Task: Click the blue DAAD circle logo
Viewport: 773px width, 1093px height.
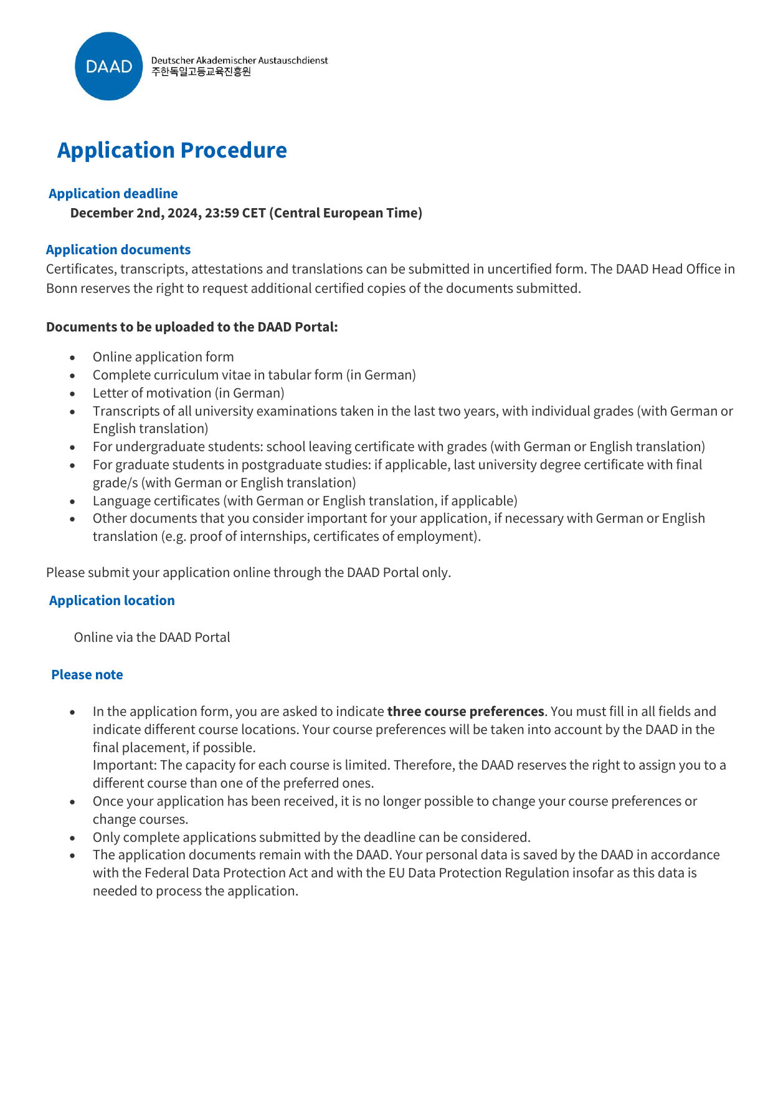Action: click(x=109, y=66)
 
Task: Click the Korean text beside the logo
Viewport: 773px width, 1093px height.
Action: click(x=201, y=72)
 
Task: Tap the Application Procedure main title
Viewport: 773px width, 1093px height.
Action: click(x=172, y=150)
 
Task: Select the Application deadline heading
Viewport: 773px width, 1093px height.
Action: click(x=113, y=194)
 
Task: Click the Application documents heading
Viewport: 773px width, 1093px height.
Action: click(x=118, y=250)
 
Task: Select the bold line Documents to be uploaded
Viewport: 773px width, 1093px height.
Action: click(x=192, y=327)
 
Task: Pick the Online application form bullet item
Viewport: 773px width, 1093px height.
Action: click(x=163, y=357)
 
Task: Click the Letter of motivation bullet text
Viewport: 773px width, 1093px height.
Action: click(x=188, y=393)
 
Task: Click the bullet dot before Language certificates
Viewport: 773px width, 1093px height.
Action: click(x=73, y=502)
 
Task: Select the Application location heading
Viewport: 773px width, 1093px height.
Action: click(x=112, y=601)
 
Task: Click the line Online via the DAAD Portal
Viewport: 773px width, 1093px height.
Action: click(x=152, y=637)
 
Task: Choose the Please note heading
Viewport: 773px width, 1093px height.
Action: click(x=87, y=675)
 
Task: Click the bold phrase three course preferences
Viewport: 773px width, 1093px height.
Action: click(x=465, y=712)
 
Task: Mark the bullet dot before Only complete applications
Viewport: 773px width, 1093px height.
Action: click(x=73, y=838)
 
